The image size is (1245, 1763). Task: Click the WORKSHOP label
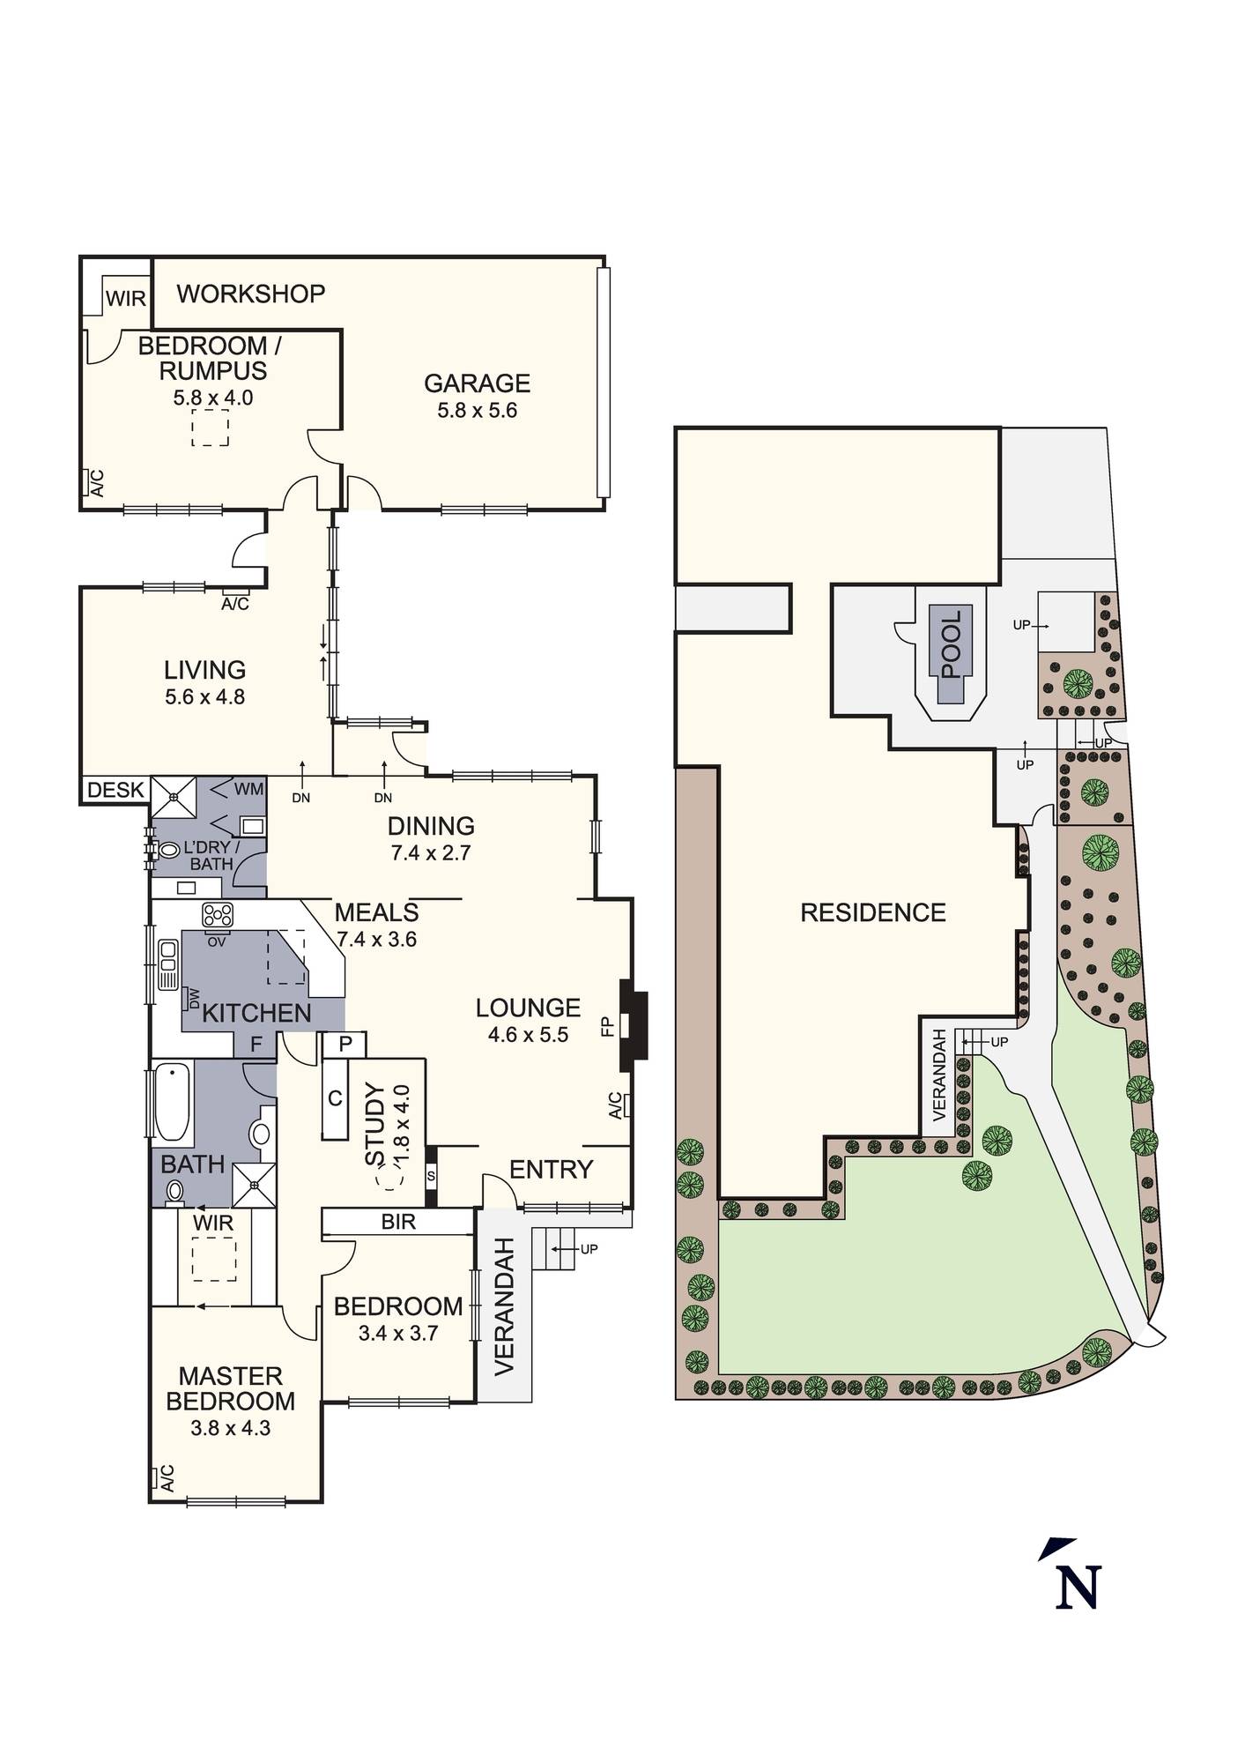point(251,294)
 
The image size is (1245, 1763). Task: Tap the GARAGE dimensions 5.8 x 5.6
point(477,410)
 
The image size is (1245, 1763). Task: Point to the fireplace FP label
point(607,1025)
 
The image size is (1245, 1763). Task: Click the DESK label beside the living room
point(115,790)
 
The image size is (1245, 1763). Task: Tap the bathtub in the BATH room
point(172,1103)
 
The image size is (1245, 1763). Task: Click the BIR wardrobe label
point(398,1222)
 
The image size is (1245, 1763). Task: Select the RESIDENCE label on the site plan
point(873,912)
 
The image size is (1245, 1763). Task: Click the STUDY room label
point(375,1126)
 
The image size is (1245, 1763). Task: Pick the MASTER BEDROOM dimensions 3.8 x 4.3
point(231,1428)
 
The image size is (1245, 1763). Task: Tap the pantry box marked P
point(345,1045)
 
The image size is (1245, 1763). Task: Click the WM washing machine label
point(249,789)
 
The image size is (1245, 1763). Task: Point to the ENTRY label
point(552,1170)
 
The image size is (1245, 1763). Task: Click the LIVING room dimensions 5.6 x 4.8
point(205,696)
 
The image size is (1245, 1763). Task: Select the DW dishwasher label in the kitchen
point(194,999)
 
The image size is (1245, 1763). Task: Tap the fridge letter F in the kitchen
point(256,1045)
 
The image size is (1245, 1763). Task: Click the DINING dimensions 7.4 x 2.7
point(432,852)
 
